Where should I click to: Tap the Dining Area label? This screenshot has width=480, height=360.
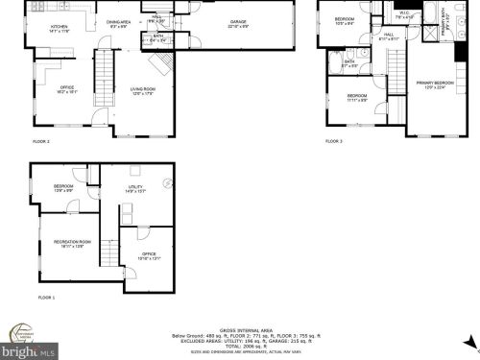pyautogui.click(x=118, y=23)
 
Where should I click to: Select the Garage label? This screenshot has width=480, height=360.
pyautogui.click(x=238, y=23)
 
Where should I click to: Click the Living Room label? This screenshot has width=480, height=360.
pyautogui.click(x=143, y=91)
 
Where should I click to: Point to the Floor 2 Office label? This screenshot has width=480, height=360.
pyautogui.click(x=68, y=89)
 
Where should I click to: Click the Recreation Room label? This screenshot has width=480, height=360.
pyautogui.click(x=72, y=243)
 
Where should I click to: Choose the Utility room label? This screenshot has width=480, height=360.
pyautogui.click(x=134, y=189)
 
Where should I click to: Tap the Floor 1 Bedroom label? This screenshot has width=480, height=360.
pyautogui.click(x=63, y=188)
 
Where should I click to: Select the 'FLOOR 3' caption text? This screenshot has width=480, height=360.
pyautogui.click(x=334, y=141)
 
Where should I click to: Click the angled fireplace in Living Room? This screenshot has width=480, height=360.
pyautogui.click(x=165, y=62)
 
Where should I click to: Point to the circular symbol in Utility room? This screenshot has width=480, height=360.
pyautogui.click(x=168, y=181)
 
